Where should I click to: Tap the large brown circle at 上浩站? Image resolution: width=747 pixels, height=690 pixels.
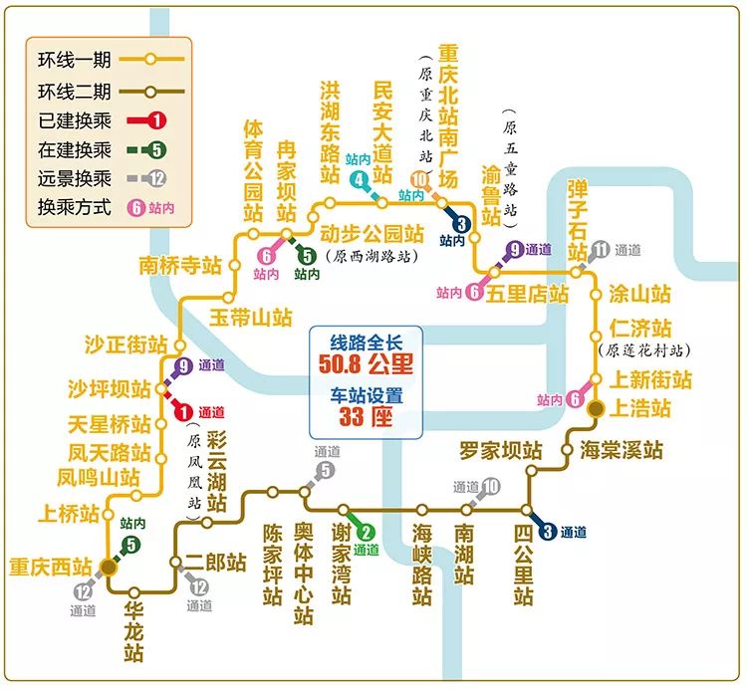point(597,408)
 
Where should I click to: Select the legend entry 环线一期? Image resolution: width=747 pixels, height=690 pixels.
point(60,59)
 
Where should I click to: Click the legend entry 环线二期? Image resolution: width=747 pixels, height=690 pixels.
point(60,92)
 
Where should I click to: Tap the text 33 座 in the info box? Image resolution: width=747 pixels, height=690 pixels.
point(366,416)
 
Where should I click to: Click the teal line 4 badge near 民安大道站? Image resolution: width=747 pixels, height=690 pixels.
point(360,179)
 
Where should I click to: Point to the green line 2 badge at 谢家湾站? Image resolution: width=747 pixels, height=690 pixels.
point(366,533)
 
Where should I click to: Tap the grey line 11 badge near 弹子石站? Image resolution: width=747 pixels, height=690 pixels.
point(599,249)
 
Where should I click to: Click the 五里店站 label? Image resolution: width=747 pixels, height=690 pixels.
point(527,294)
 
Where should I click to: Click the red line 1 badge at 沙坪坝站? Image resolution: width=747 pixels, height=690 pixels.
point(182,411)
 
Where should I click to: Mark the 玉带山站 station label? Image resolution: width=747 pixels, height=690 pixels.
point(250,318)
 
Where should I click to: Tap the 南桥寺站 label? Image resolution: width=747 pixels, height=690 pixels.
point(180,266)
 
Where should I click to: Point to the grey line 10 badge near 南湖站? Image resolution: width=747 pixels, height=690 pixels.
point(491,487)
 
